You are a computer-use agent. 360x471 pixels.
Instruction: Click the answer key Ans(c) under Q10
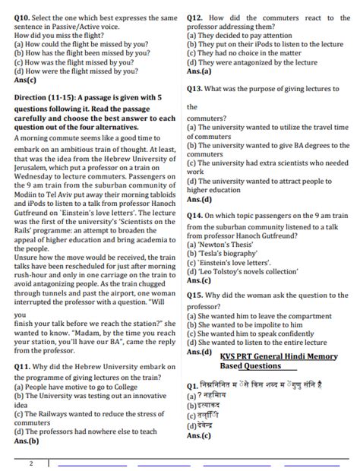(x=26, y=79)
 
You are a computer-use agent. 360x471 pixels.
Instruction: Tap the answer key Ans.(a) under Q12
(x=200, y=71)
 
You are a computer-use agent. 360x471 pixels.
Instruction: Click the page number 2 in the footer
(x=31, y=463)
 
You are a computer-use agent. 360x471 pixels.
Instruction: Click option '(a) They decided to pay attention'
(x=238, y=35)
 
